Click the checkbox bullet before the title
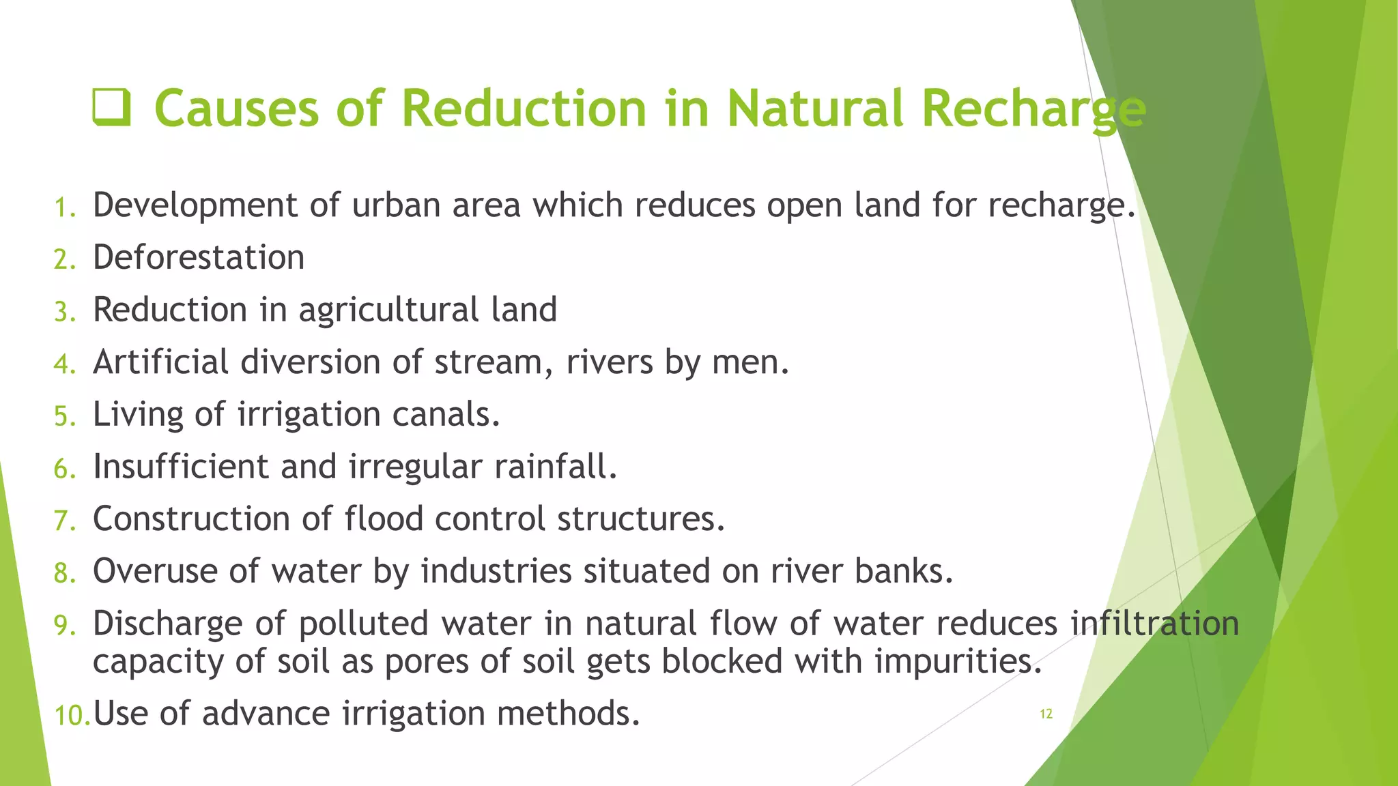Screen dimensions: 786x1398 coord(111,108)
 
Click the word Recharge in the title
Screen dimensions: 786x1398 coord(1033,109)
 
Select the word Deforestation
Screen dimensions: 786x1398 coord(199,258)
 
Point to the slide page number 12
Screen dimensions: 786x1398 coord(1046,714)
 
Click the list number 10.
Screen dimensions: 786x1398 coord(70,715)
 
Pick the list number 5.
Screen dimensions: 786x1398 coord(65,416)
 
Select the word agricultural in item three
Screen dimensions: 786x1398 coord(389,310)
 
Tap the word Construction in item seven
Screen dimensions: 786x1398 coord(191,519)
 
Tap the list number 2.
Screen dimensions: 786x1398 coord(65,259)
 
